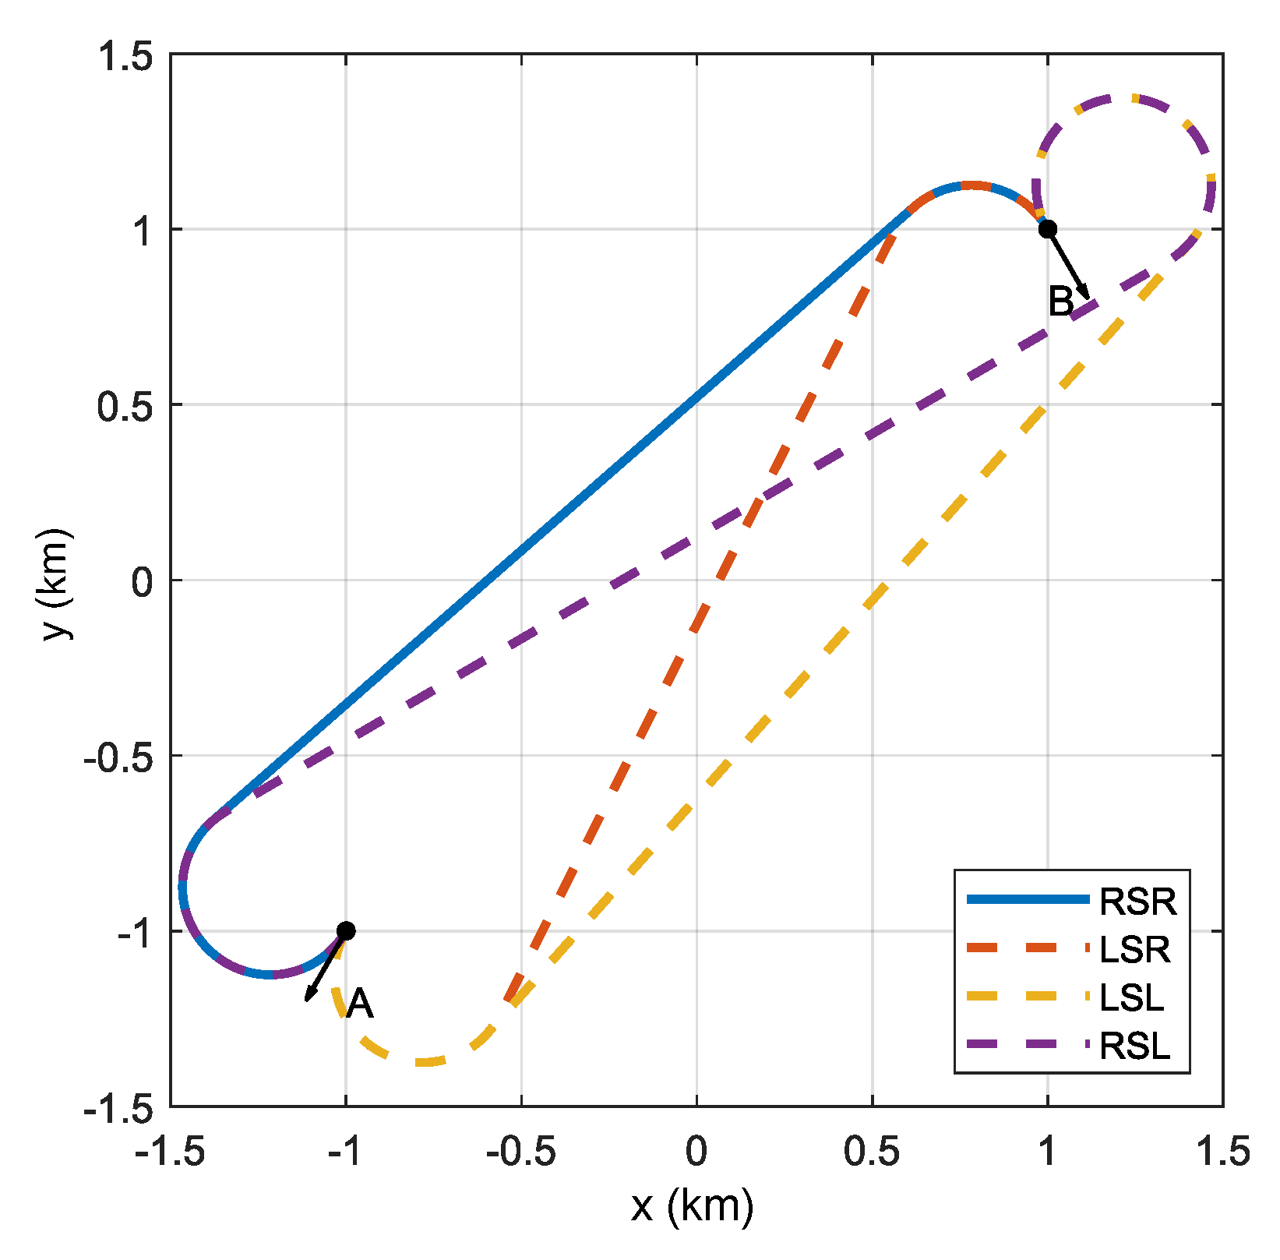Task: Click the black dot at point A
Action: click(x=346, y=930)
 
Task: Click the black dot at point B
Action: click(x=1048, y=228)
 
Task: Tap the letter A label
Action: click(x=360, y=1004)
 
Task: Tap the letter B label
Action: click(x=1061, y=302)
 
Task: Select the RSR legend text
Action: click(x=1137, y=902)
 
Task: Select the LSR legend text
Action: click(x=1134, y=949)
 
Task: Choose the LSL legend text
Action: click(x=1132, y=997)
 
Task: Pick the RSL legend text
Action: click(x=1134, y=1046)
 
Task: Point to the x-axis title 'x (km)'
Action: click(x=692, y=1206)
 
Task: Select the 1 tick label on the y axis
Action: click(x=142, y=230)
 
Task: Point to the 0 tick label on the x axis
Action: click(x=696, y=1152)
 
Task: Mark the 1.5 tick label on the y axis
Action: click(x=125, y=56)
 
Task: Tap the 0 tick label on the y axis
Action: click(x=142, y=581)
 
